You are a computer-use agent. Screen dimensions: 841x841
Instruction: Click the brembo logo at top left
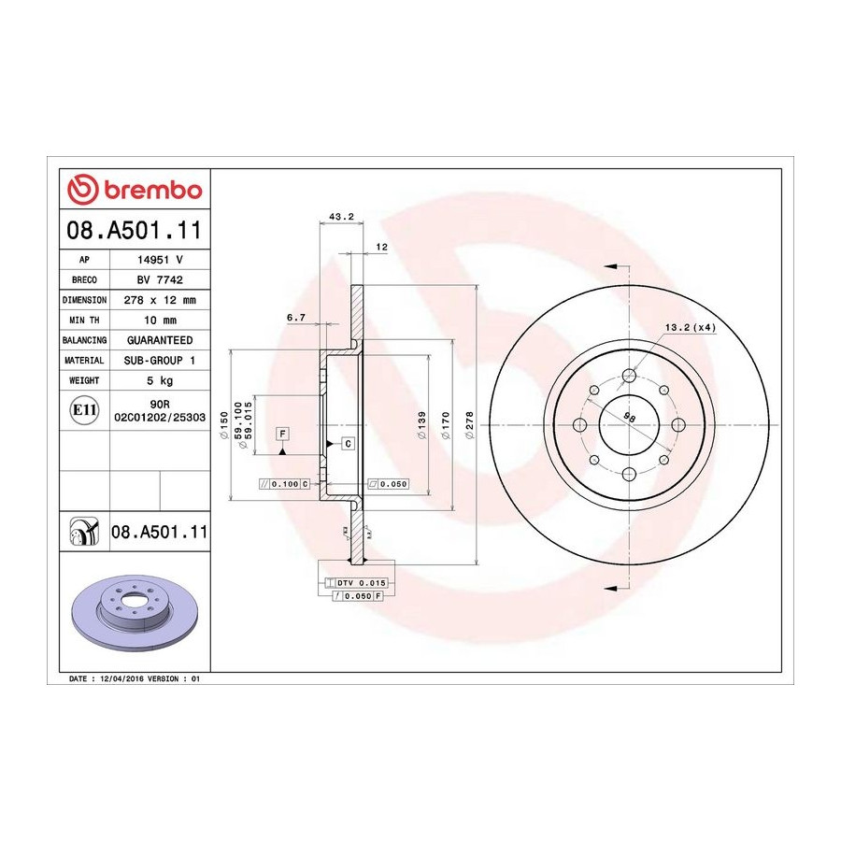135,190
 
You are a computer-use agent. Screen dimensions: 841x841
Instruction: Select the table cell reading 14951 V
160,260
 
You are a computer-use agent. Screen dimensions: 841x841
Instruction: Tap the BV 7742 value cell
160,279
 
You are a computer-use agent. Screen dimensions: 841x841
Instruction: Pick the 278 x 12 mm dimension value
160,300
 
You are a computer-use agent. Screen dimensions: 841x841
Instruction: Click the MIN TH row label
84,321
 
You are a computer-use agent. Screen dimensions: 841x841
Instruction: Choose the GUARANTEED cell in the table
160,340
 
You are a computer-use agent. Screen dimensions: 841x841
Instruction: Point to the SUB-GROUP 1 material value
160,361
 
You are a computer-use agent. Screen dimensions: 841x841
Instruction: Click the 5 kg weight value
160,380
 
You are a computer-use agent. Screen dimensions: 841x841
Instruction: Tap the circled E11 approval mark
84,410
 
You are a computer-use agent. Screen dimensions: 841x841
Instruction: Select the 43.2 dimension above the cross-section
341,217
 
